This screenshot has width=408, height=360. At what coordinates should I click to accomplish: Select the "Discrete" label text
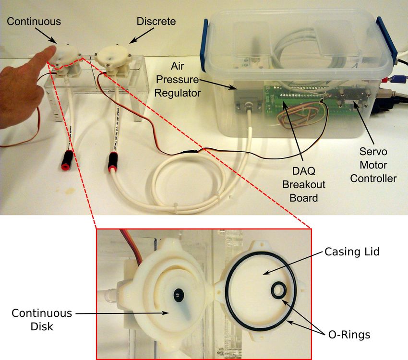156,22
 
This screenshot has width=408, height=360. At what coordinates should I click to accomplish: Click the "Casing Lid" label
352,252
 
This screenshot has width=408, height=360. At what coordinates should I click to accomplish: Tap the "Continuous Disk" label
42,320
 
